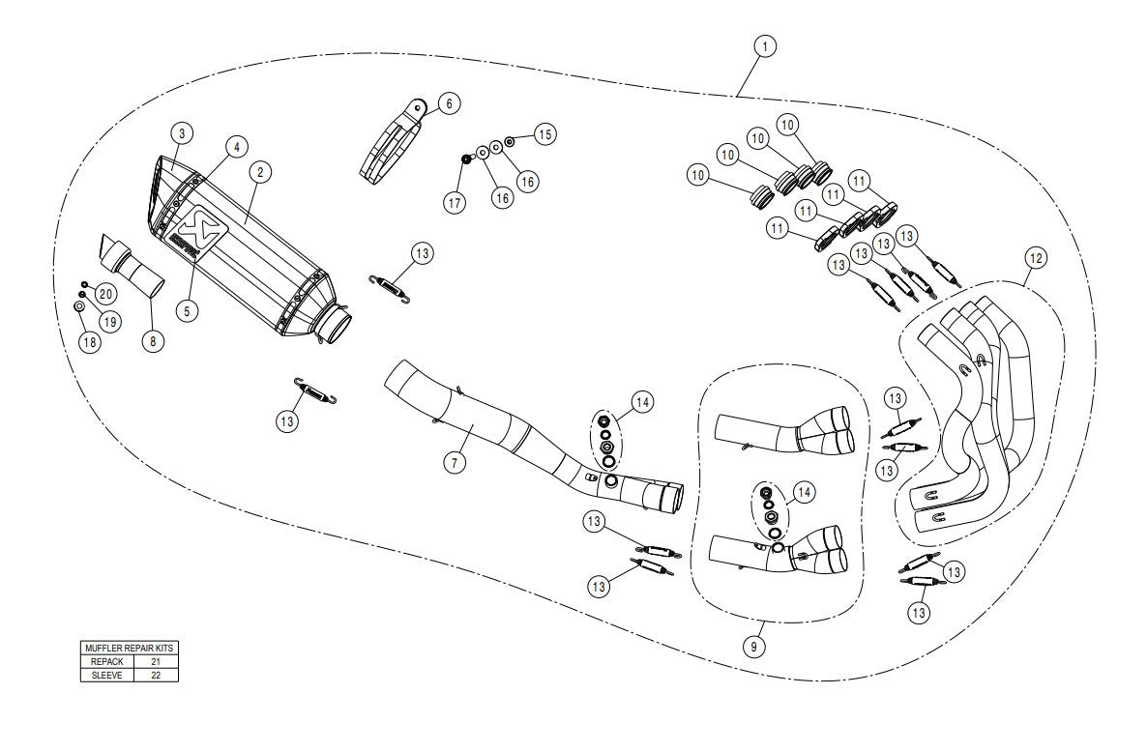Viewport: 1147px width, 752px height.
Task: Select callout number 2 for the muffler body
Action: [x=258, y=172]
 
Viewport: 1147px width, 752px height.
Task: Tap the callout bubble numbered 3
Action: [x=180, y=132]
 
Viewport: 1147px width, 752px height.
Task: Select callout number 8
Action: [x=153, y=340]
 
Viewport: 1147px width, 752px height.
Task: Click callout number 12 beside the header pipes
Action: [x=1036, y=258]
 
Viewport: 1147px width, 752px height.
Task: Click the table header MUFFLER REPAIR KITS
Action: [x=129, y=649]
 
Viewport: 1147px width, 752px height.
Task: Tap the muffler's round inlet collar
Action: [x=337, y=327]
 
